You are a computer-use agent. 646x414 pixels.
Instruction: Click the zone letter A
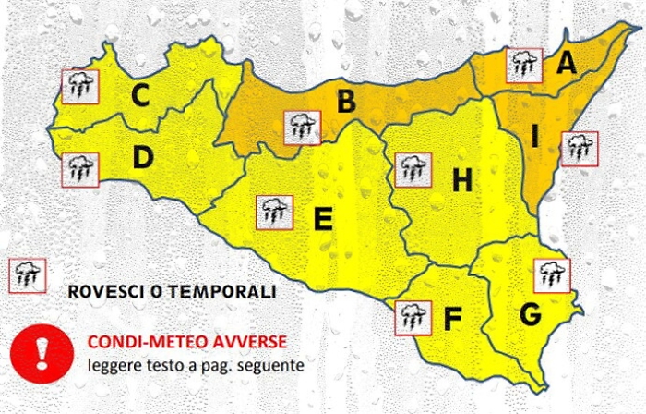[x=566, y=63]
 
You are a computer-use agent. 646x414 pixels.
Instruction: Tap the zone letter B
[x=346, y=101]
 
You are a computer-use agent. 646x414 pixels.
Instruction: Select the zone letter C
[x=140, y=94]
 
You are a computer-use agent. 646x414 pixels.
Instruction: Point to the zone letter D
[x=142, y=159]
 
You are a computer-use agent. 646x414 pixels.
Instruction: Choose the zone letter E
[x=323, y=220]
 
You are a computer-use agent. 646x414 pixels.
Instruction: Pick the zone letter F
[x=452, y=319]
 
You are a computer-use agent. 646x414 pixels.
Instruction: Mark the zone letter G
[x=530, y=314]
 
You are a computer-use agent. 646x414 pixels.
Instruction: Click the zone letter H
[x=461, y=181]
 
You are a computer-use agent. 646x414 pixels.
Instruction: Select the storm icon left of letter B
[x=302, y=128]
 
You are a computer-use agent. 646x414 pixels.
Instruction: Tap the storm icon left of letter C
[x=79, y=87]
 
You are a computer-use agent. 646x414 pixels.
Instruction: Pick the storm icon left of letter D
[x=79, y=169]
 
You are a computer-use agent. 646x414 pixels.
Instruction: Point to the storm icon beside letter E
[x=274, y=213]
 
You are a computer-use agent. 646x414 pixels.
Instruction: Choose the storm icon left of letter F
[x=412, y=318]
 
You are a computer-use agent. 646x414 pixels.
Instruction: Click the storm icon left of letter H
[x=413, y=169]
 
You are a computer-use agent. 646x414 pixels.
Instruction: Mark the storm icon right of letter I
[x=579, y=148]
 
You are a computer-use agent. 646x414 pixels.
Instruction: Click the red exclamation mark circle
[x=42, y=352]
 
